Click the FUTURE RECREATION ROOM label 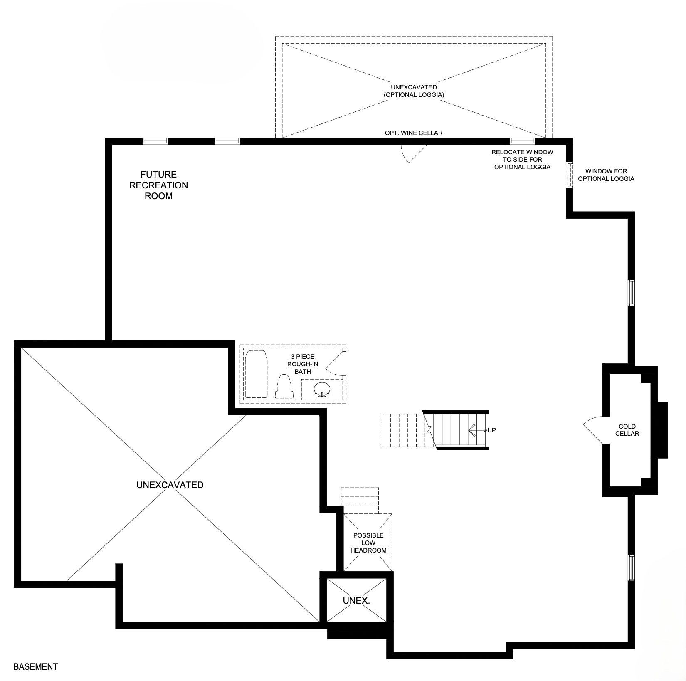(158, 185)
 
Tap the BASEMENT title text (36, 666)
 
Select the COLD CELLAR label (627, 430)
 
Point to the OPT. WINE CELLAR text (414, 133)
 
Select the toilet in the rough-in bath (284, 387)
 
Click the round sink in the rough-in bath (321, 390)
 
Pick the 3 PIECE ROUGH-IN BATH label (303, 364)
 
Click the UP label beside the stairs (491, 430)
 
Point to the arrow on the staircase (476, 430)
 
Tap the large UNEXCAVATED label (170, 485)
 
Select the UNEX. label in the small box (356, 600)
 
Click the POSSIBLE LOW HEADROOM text (368, 543)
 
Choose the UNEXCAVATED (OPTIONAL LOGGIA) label (414, 91)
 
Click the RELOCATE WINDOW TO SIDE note (522, 159)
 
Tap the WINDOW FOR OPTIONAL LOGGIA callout (606, 175)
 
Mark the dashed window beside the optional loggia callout (569, 175)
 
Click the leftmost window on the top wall (155, 141)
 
